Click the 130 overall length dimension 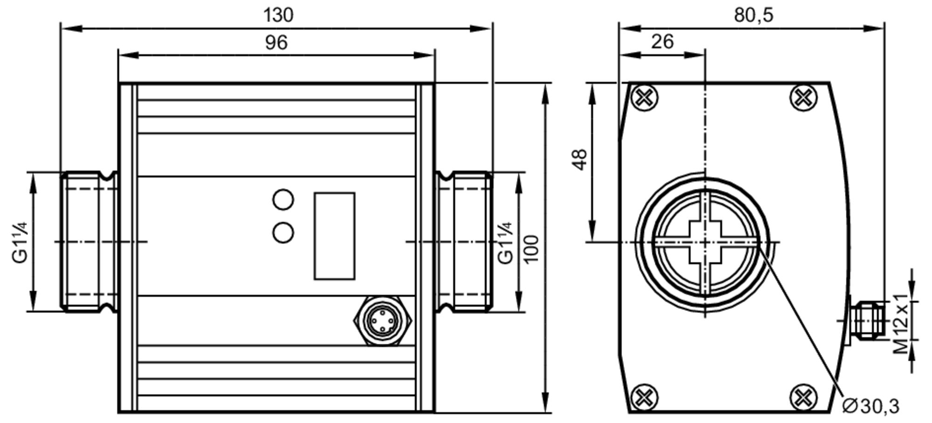pos(278,15)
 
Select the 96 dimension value pos(276,43)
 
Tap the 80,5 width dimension pos(754,15)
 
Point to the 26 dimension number pos(662,42)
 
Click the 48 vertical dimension pos(580,159)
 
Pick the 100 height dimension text pos(532,249)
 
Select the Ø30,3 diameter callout pos(870,406)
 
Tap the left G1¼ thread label pos(20,243)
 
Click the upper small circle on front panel pos(283,200)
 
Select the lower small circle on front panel pos(283,233)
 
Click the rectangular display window pos(334,236)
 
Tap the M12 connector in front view pos(383,320)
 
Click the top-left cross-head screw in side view pos(644,98)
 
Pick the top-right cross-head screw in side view pos(803,98)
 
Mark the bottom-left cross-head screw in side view pos(644,398)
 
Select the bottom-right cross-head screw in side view pos(803,398)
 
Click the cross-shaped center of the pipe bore pos(705,243)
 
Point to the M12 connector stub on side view pos(867,320)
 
